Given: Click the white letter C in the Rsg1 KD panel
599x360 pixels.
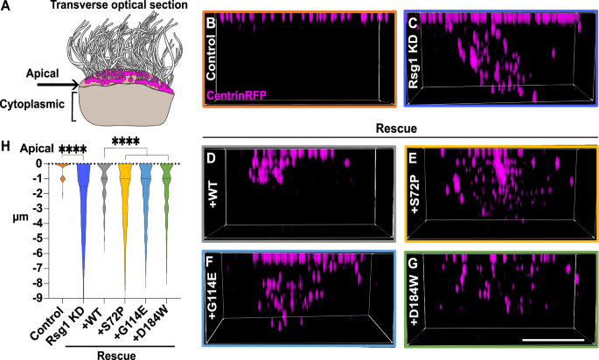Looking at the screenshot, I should point(413,24).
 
